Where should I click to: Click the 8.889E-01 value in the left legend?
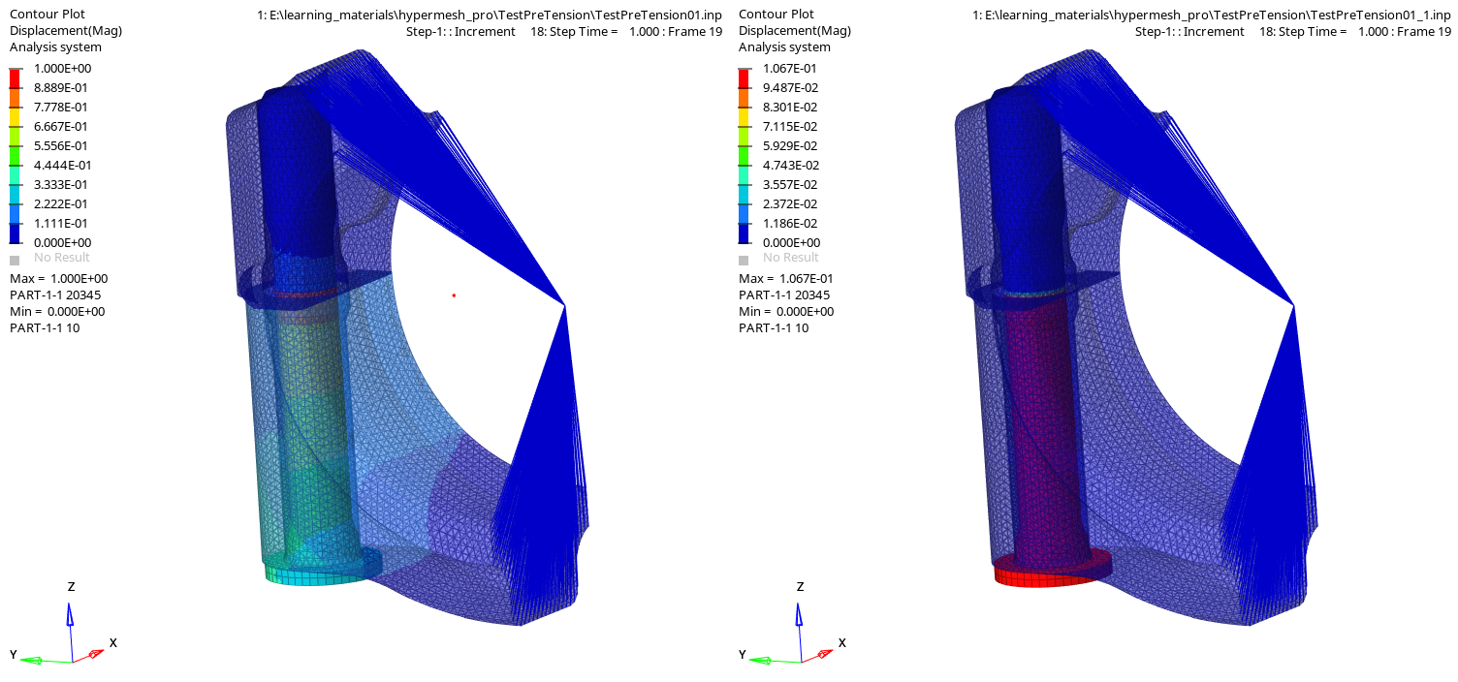(x=60, y=88)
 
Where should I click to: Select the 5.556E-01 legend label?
(x=60, y=145)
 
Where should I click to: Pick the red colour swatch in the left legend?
(x=15, y=78)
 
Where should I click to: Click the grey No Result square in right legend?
(x=744, y=260)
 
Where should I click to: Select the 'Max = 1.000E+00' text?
(x=58, y=278)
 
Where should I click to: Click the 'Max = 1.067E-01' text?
(x=785, y=278)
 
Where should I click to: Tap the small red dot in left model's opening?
(x=454, y=295)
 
